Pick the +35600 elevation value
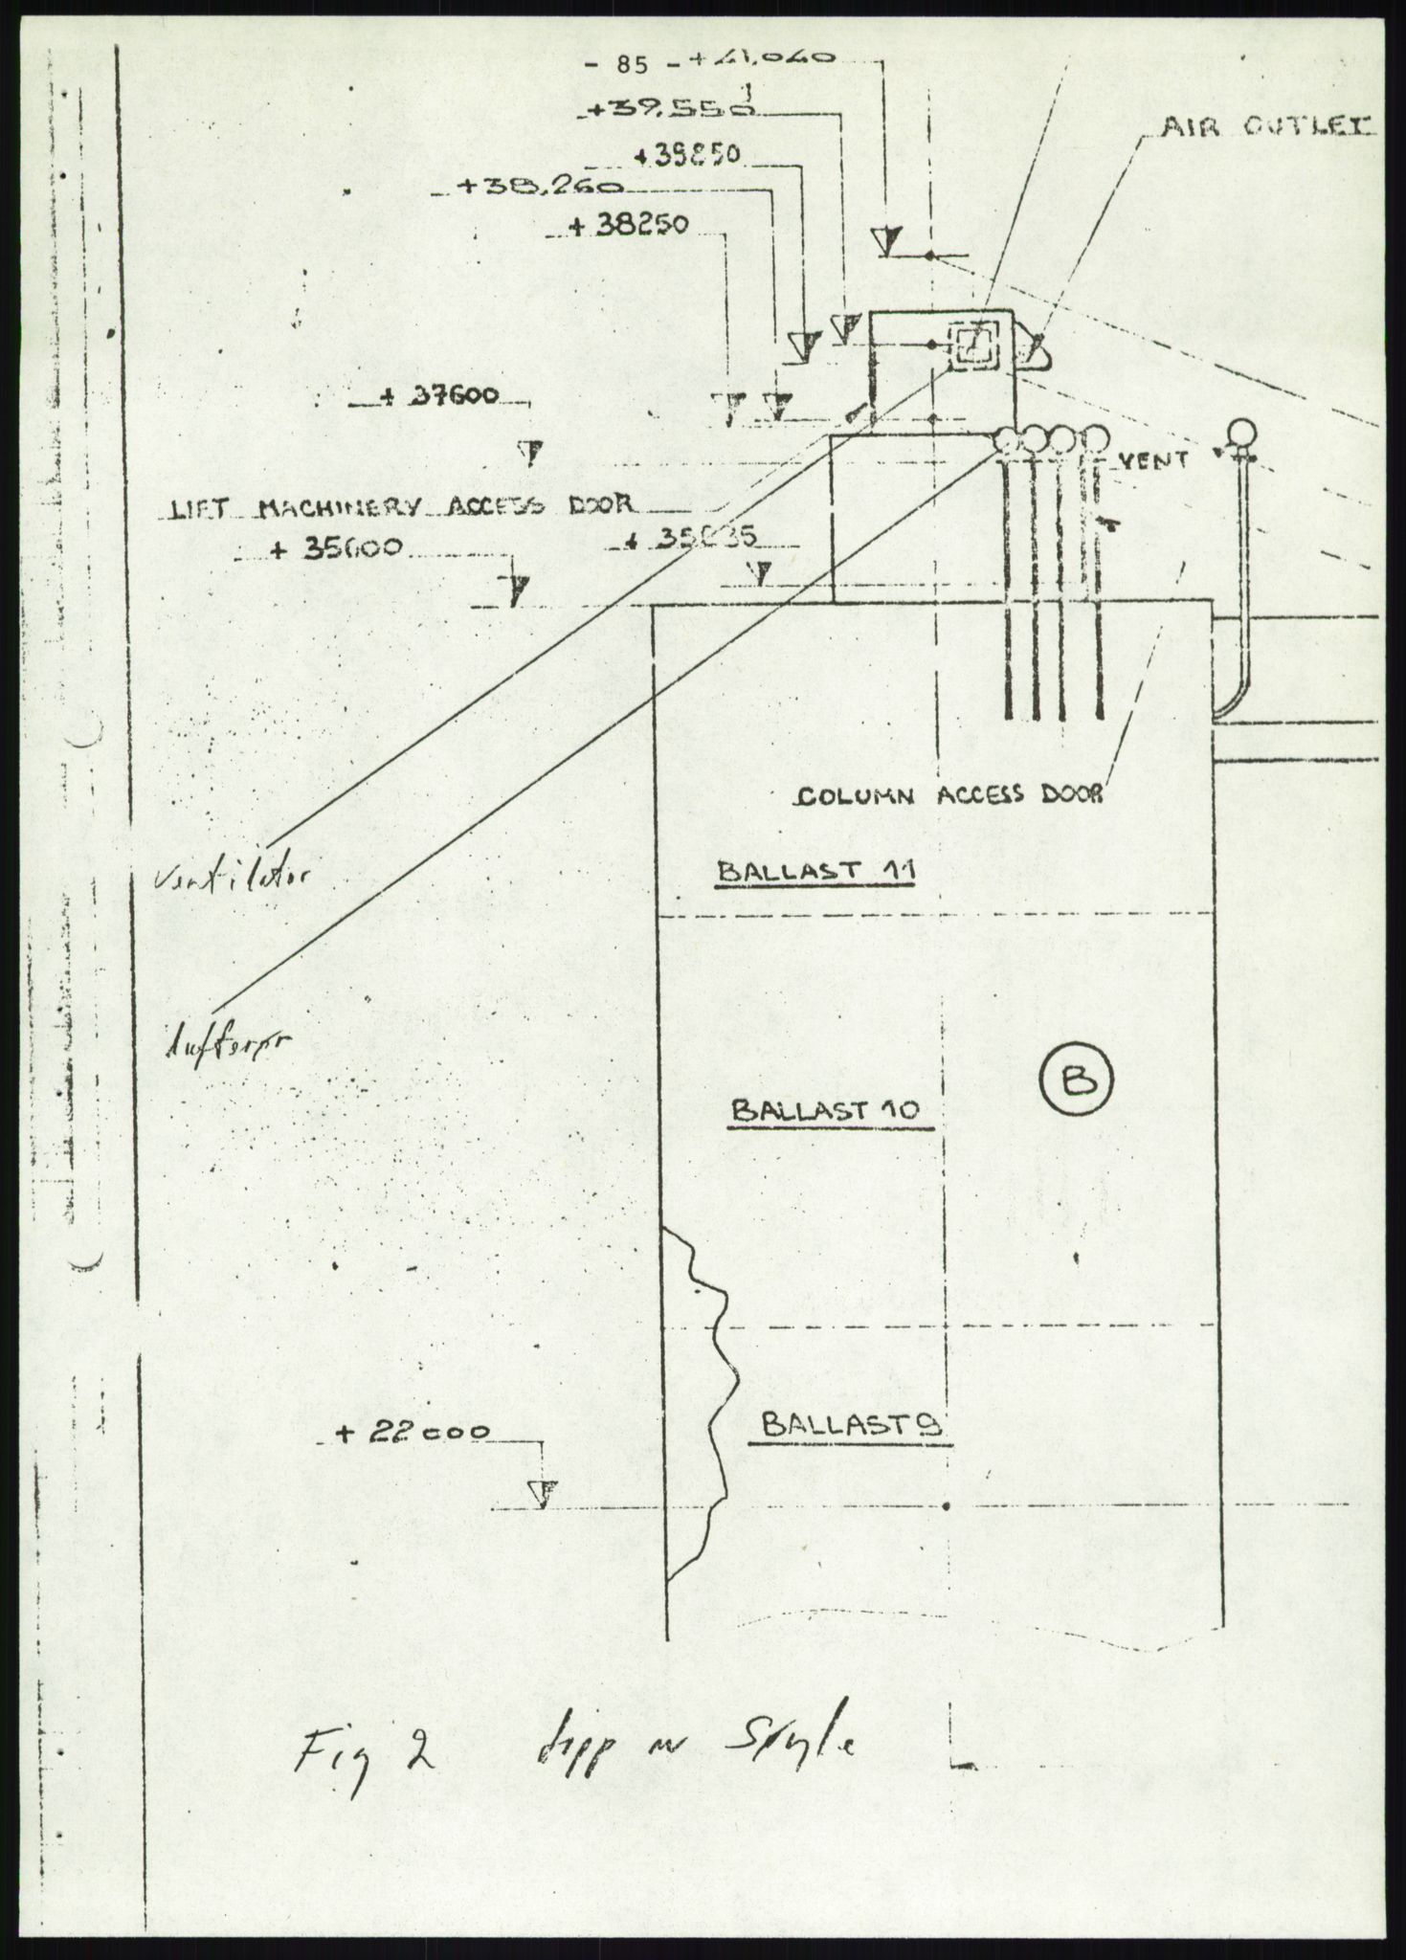(x=338, y=549)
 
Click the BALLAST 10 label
(x=824, y=1110)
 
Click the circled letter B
(x=1075, y=1079)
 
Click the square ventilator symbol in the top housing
(x=973, y=345)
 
